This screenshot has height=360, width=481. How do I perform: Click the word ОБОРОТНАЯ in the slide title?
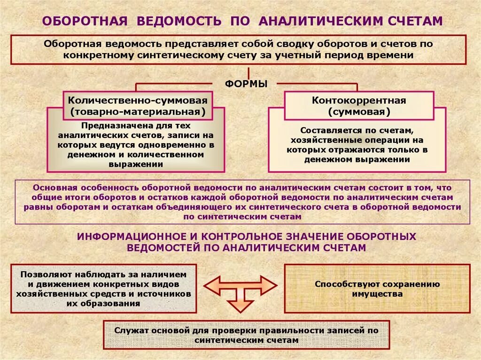point(85,21)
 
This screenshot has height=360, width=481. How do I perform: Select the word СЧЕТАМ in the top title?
point(415,21)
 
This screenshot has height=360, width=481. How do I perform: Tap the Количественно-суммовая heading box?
point(138,106)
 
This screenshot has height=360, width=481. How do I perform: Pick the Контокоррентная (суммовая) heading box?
point(359,106)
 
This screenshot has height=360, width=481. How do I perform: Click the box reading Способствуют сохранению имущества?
point(377,289)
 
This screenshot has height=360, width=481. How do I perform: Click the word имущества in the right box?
point(377,294)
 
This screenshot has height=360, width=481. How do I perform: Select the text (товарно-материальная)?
point(138,112)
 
